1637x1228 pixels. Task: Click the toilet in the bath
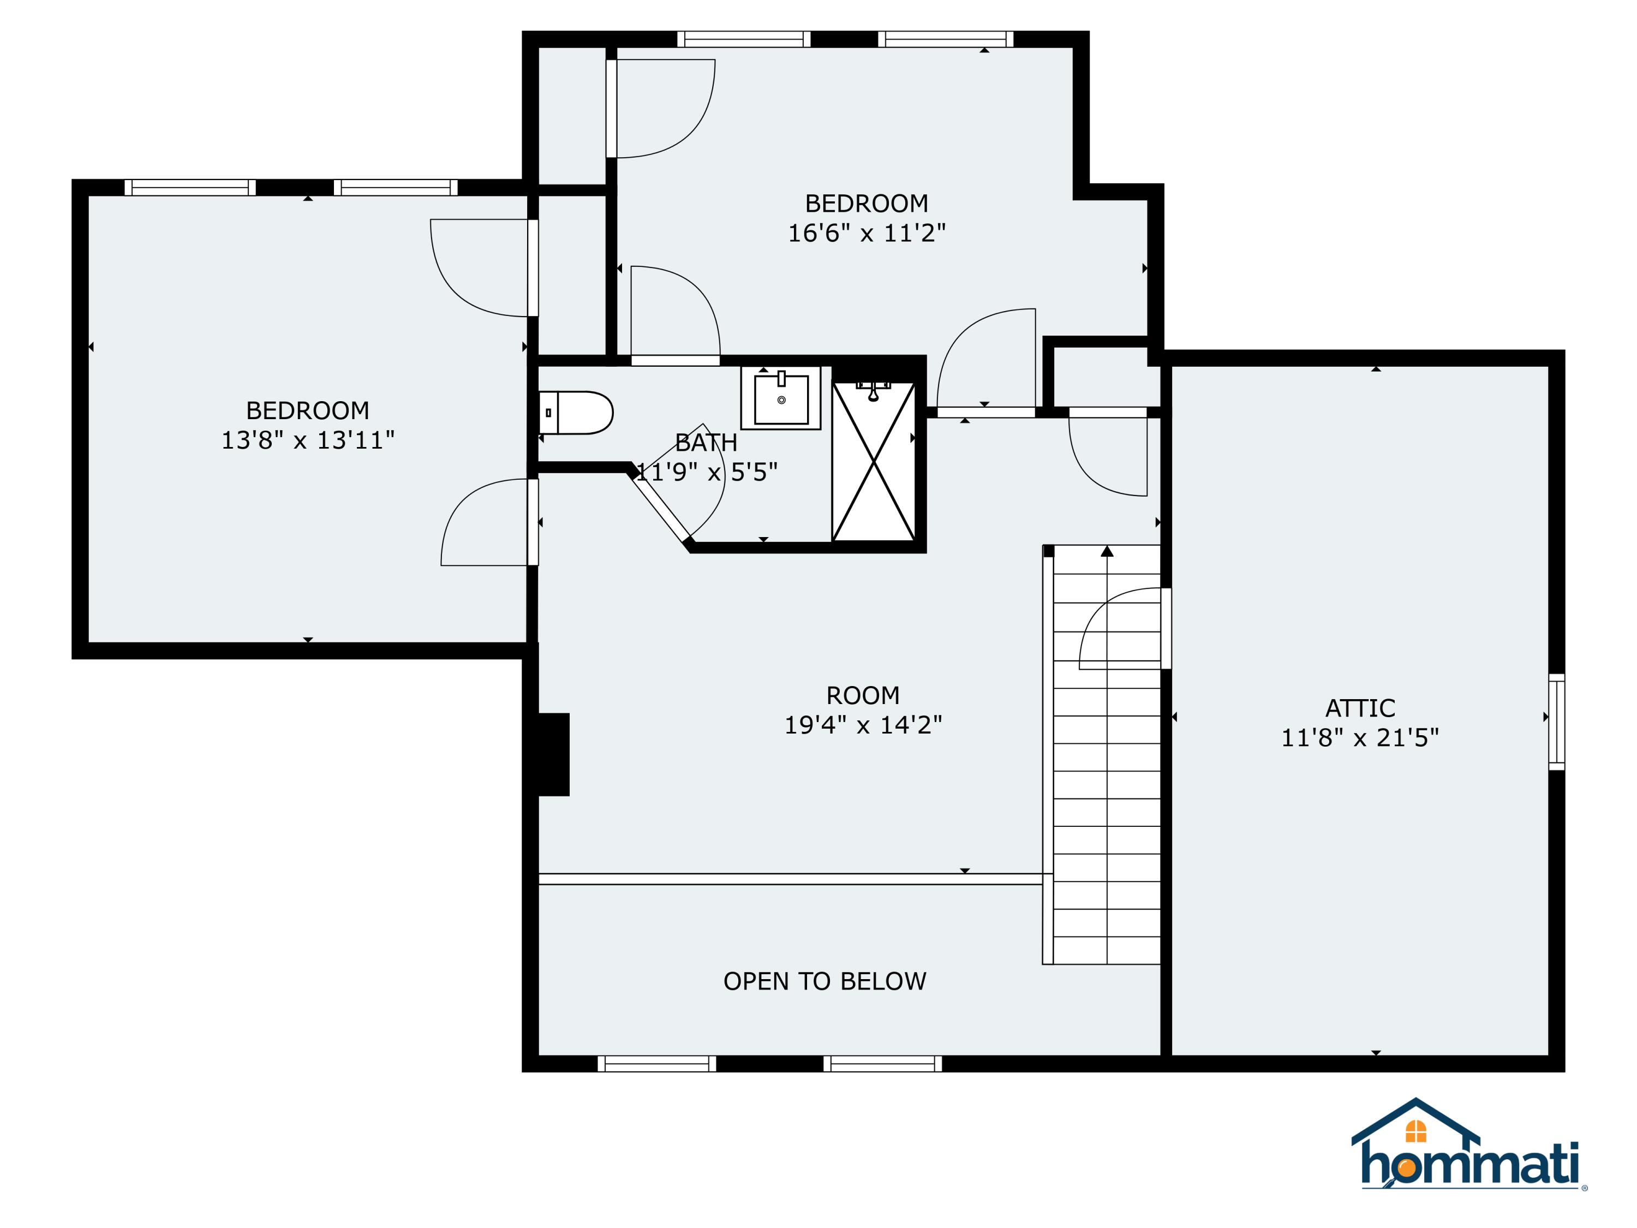577,412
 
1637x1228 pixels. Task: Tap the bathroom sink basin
781,399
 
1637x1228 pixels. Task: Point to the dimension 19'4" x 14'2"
863,725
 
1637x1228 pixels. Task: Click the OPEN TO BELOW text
825,981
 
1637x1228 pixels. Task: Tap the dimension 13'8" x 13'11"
308,440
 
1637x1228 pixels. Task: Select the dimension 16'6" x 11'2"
867,233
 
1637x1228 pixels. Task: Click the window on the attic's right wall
1556,722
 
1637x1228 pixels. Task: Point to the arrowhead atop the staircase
1107,551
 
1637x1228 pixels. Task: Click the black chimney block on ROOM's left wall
553,754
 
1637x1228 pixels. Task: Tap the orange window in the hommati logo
1415,1131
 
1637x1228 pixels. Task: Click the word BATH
706,443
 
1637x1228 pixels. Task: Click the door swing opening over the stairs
1118,629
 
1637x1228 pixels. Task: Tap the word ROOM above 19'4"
863,696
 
